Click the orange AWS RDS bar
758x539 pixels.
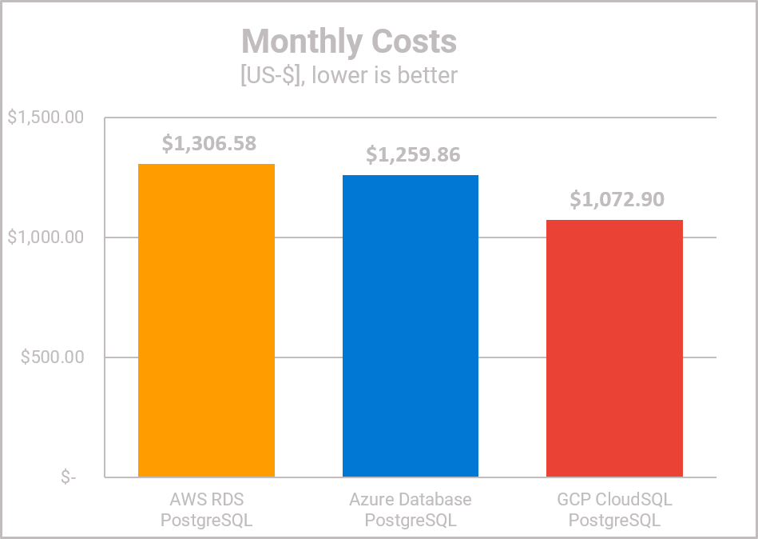point(206,320)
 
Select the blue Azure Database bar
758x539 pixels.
point(411,326)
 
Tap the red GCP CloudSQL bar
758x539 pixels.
point(614,348)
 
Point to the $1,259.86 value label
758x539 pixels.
point(413,154)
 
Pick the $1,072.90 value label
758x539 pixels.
point(617,199)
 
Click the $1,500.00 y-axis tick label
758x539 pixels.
point(46,118)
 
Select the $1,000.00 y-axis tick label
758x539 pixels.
point(46,238)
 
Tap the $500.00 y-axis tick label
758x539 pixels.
point(53,357)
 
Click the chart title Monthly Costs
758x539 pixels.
point(349,42)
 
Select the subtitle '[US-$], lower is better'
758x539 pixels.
point(349,76)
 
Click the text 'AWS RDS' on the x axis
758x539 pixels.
point(206,500)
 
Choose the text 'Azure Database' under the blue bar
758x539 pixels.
point(411,500)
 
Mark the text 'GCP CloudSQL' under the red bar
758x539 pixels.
point(614,500)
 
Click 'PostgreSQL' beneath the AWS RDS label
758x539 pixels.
point(206,521)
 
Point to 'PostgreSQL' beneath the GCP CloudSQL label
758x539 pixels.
point(614,521)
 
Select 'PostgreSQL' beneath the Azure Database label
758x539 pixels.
point(411,521)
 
